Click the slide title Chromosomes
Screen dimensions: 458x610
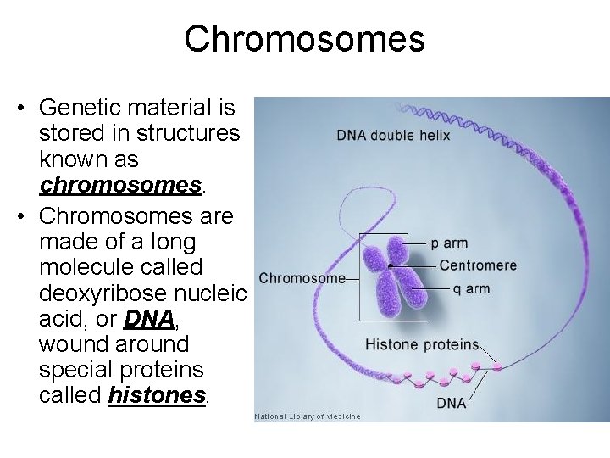[304, 39]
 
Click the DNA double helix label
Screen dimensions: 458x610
[393, 135]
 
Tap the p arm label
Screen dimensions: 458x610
[449, 243]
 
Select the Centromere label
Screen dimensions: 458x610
[478, 265]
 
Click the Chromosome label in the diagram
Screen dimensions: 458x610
[302, 278]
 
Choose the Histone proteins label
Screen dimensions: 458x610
[421, 345]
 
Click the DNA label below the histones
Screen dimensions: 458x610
[452, 404]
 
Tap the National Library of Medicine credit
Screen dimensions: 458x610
[308, 416]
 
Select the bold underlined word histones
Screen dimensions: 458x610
[158, 395]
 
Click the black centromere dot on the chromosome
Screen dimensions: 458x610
[391, 266]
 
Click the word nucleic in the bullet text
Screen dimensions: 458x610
[212, 293]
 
